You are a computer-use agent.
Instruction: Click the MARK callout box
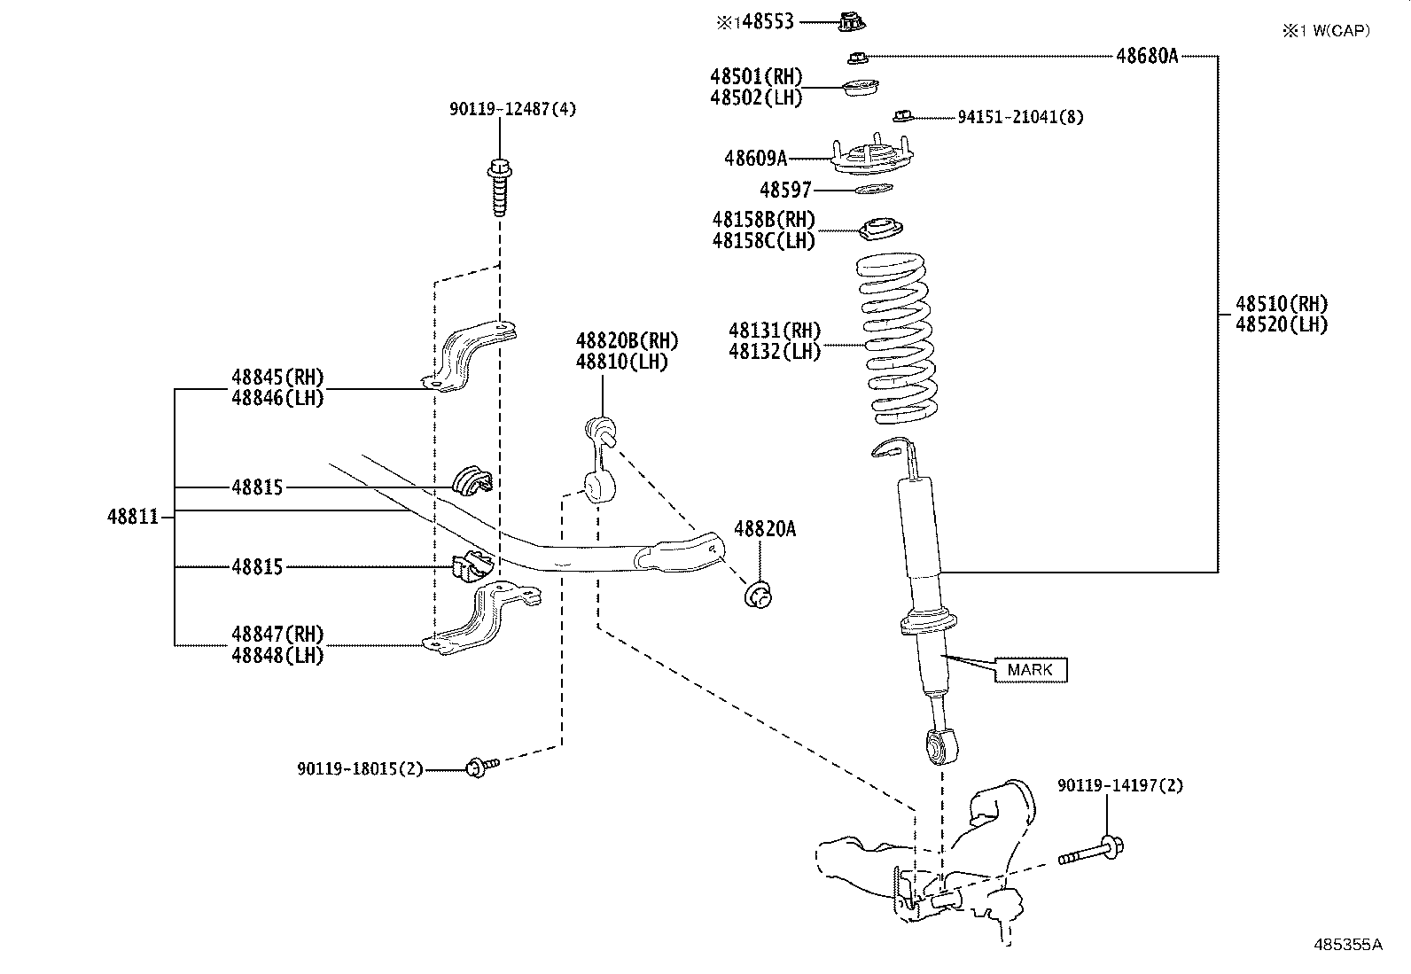pos(1030,670)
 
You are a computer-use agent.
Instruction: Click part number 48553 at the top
pos(768,20)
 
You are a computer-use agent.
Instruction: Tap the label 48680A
pos(1146,56)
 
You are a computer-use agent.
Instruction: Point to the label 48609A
pos(755,159)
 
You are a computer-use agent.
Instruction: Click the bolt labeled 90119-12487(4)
pos(500,187)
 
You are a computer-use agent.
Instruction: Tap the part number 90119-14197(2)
pos(1119,785)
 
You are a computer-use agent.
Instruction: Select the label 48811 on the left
pos(133,516)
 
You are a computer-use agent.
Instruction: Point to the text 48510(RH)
pos(1282,304)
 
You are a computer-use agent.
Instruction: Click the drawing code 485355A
pos(1347,945)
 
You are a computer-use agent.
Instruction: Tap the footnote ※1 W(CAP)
pos(1325,31)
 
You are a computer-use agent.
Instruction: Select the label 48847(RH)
pos(277,634)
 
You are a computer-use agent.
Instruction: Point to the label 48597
pos(785,190)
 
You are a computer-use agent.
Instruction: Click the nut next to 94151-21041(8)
pos(903,116)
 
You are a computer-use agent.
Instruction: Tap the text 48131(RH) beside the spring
pos(774,331)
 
